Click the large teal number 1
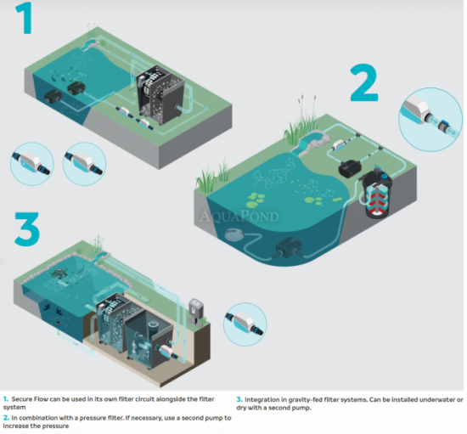[25, 19]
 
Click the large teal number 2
[364, 82]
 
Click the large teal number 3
[27, 228]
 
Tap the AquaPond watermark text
[239, 217]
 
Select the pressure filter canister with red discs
[376, 194]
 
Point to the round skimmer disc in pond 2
[234, 235]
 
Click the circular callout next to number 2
[430, 119]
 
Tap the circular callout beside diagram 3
[245, 324]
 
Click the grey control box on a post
[196, 310]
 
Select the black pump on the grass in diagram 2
[350, 169]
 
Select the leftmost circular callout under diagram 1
[32, 164]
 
